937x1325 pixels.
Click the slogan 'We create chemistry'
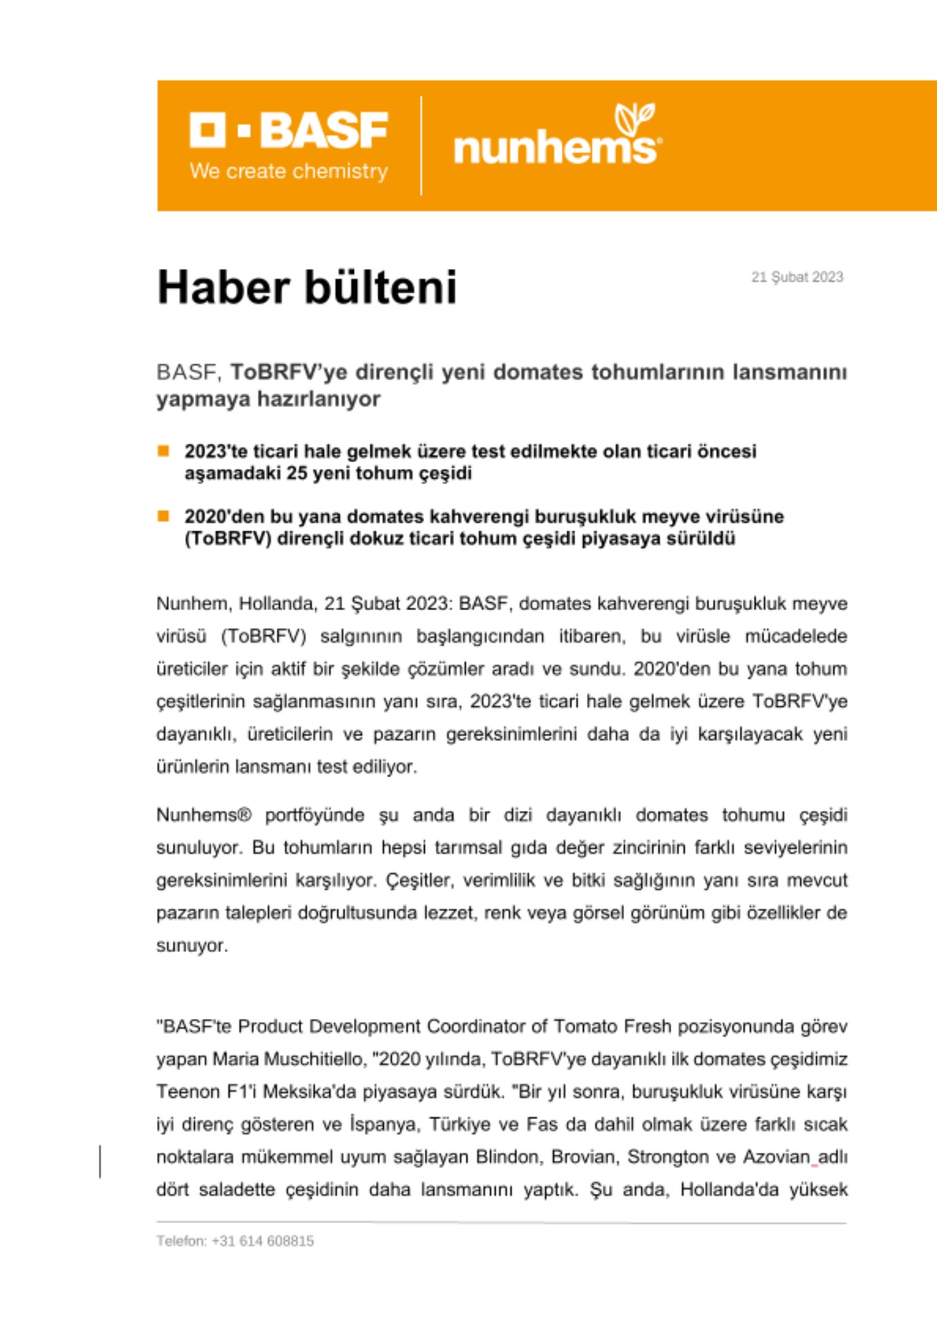pos(288,171)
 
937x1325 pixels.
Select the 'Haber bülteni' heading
pos(307,288)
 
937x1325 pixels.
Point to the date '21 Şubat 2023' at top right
pos(797,277)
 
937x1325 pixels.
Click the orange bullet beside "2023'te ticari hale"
pos(164,451)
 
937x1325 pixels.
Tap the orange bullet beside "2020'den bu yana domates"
pos(164,516)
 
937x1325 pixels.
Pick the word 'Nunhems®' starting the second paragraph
pos(204,815)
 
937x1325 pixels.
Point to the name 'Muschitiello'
pos(314,1059)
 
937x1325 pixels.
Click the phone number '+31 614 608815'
pos(262,1241)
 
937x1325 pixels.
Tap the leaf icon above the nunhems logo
pos(634,118)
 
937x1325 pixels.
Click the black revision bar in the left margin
pos(100,1161)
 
